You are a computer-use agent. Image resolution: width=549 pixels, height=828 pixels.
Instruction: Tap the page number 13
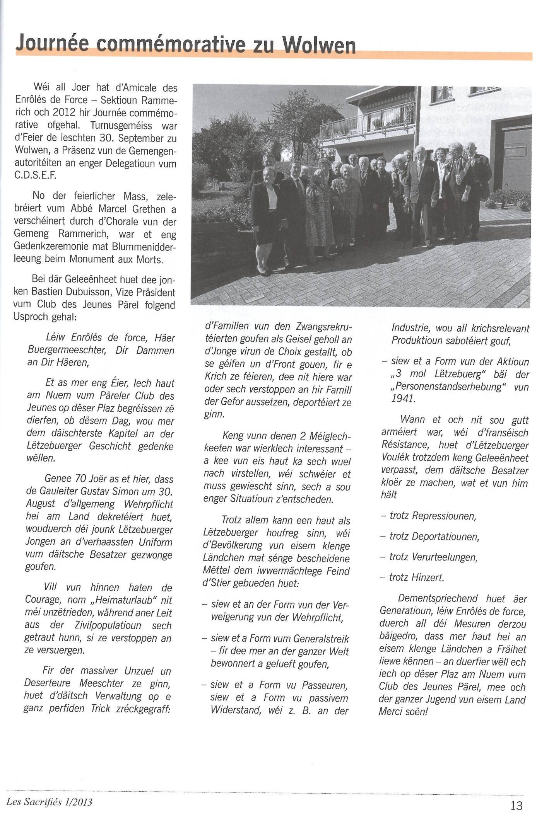click(x=517, y=805)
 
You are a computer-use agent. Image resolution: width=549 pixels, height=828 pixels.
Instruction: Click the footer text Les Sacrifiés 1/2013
click(x=49, y=802)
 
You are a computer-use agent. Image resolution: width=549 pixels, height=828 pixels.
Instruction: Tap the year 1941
click(x=403, y=399)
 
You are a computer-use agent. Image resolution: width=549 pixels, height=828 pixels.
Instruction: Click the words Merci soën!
click(x=403, y=712)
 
